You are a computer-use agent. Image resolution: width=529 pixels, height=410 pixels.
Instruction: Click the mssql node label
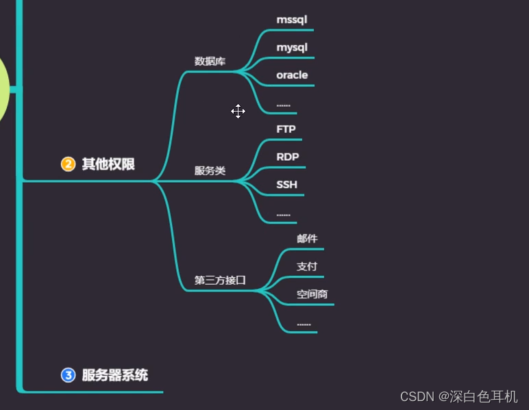[x=292, y=20]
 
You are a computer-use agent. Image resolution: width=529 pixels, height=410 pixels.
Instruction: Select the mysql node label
[x=292, y=47]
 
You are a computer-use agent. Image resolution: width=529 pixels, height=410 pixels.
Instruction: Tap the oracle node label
[x=292, y=75]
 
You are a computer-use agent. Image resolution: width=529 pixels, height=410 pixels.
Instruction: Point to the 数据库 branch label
[x=210, y=61]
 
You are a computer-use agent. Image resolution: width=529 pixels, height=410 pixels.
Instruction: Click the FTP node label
[x=286, y=129]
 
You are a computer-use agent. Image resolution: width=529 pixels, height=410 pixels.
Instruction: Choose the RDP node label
[x=287, y=157]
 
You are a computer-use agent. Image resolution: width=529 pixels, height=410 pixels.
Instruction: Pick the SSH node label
[x=286, y=185]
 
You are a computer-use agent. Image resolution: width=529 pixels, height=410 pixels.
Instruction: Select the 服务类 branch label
[x=210, y=171]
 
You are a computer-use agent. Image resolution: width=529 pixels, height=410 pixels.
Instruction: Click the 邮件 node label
[x=307, y=239]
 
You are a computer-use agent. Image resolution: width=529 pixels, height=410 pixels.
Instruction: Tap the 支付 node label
[x=307, y=266]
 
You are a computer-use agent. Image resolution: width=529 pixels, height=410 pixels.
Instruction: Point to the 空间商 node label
[x=312, y=294]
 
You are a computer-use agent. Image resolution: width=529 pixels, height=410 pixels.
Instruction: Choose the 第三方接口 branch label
[x=220, y=280]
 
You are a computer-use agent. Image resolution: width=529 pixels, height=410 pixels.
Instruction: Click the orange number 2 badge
[x=68, y=164]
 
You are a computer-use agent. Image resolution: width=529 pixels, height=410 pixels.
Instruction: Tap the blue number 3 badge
[x=68, y=375]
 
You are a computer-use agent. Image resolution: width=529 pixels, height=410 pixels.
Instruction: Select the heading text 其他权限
[x=108, y=164]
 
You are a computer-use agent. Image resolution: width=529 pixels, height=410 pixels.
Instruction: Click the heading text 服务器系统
[x=115, y=375]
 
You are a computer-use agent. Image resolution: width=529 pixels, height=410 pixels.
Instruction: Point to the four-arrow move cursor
[x=238, y=112]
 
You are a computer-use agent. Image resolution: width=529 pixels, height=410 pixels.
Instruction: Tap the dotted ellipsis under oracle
[x=283, y=105]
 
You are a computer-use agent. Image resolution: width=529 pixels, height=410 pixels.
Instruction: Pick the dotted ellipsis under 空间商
[x=304, y=324]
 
